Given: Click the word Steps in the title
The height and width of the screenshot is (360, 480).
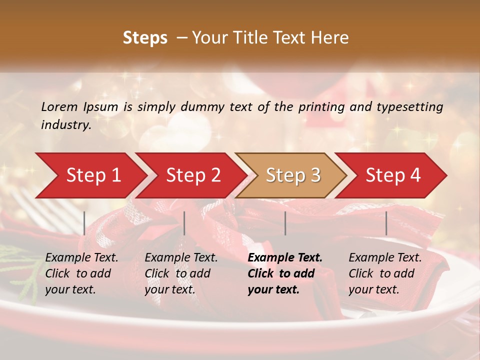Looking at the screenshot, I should click(x=145, y=38).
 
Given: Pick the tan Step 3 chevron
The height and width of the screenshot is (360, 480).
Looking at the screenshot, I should click(x=293, y=175).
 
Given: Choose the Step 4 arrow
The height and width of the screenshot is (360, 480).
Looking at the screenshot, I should click(x=393, y=175).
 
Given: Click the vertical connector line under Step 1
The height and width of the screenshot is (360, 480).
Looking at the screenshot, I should click(x=84, y=223).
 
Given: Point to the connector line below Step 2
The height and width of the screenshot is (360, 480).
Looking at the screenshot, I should click(x=184, y=223).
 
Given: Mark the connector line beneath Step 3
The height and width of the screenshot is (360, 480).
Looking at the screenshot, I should click(x=285, y=223).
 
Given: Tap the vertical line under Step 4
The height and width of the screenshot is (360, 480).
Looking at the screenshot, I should click(x=386, y=223).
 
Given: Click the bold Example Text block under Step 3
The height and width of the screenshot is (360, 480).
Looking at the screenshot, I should click(x=285, y=273).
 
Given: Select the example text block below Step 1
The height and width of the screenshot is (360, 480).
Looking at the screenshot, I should click(x=81, y=273).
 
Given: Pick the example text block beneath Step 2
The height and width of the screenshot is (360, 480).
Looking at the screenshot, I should click(x=181, y=273).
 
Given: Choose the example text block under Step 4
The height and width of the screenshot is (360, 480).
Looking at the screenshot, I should click(x=385, y=273).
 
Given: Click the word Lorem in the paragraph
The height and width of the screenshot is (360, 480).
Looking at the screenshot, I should click(x=59, y=106).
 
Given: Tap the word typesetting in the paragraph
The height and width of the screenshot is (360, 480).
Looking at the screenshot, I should click(x=409, y=106).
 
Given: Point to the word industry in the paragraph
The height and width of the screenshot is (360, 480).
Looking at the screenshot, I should click(x=65, y=124).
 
